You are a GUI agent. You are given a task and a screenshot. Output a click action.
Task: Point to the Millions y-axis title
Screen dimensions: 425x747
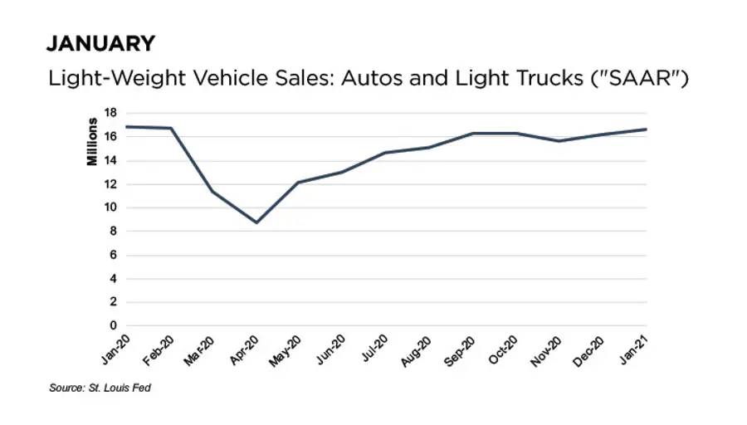pos(93,143)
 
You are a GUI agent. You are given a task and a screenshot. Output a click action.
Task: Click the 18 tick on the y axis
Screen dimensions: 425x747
pos(110,112)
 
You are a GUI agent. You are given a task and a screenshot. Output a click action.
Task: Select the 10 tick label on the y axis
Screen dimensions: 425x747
pos(110,208)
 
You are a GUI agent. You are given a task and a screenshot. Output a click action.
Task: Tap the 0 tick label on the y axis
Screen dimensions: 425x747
pos(114,326)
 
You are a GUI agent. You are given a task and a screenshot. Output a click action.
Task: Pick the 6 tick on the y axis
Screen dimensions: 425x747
pos(114,255)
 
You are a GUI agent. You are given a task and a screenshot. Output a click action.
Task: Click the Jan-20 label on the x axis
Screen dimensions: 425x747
pos(111,348)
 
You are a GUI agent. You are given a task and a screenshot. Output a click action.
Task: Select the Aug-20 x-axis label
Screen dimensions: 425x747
pos(415,348)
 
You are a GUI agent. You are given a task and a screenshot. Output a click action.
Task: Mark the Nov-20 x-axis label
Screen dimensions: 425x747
pos(545,348)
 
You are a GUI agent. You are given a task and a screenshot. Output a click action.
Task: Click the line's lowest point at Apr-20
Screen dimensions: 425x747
pos(256,222)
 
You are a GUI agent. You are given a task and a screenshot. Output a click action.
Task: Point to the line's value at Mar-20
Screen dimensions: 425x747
pos(213,192)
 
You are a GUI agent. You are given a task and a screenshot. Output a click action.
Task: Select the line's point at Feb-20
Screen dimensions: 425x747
pos(170,128)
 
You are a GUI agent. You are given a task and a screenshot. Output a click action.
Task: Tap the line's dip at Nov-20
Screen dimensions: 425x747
pos(559,141)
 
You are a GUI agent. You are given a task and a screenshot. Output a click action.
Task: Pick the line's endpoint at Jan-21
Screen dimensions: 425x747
pos(646,129)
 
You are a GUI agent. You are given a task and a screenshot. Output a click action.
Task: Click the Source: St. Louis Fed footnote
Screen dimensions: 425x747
pos(100,388)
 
